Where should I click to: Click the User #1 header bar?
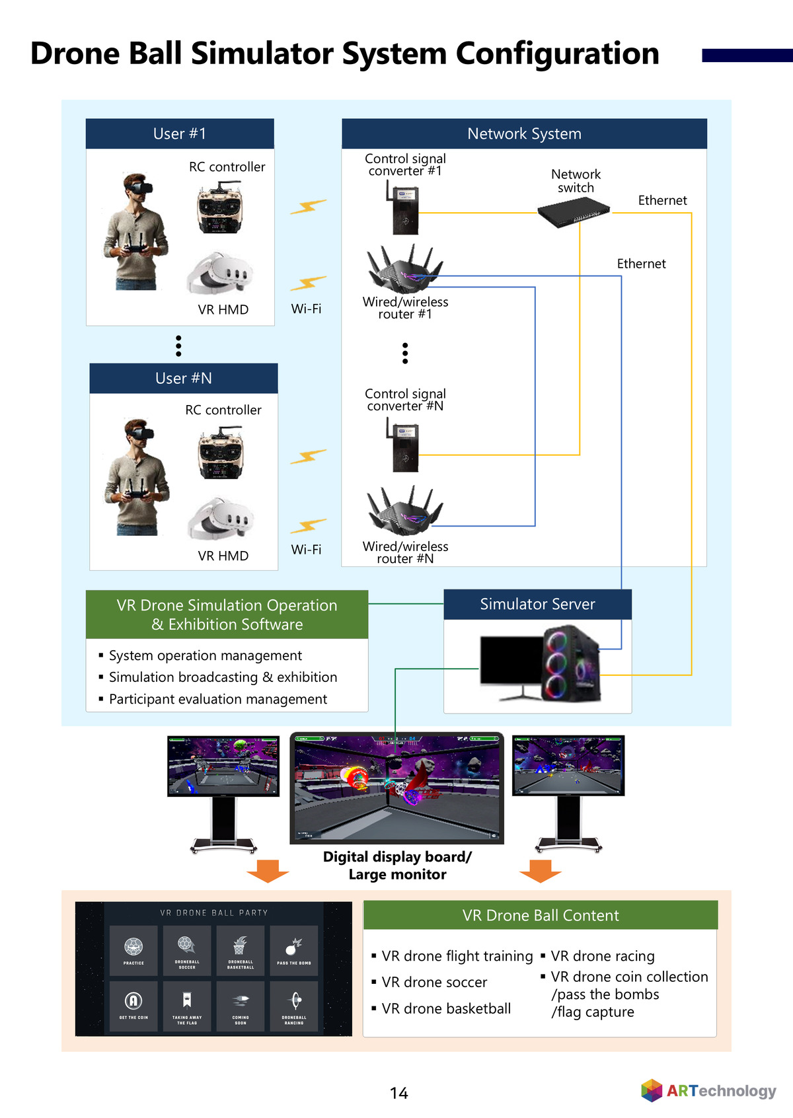(180, 133)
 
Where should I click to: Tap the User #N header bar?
(184, 378)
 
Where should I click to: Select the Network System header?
(524, 133)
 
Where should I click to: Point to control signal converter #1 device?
(404, 209)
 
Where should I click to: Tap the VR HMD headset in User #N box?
(220, 519)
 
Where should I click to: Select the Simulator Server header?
(537, 604)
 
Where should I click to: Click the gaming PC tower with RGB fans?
(571, 663)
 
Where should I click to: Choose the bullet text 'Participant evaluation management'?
(217, 699)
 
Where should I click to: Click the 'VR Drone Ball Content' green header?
(541, 915)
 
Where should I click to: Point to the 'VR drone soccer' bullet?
(434, 983)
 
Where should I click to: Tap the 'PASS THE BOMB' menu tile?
(294, 950)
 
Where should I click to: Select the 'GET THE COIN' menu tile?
(133, 1006)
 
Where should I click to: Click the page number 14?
(398, 1094)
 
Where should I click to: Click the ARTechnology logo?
(708, 1090)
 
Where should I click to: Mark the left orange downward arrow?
(268, 871)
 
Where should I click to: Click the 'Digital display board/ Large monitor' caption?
(397, 866)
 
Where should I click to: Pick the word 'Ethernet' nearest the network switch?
(662, 200)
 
